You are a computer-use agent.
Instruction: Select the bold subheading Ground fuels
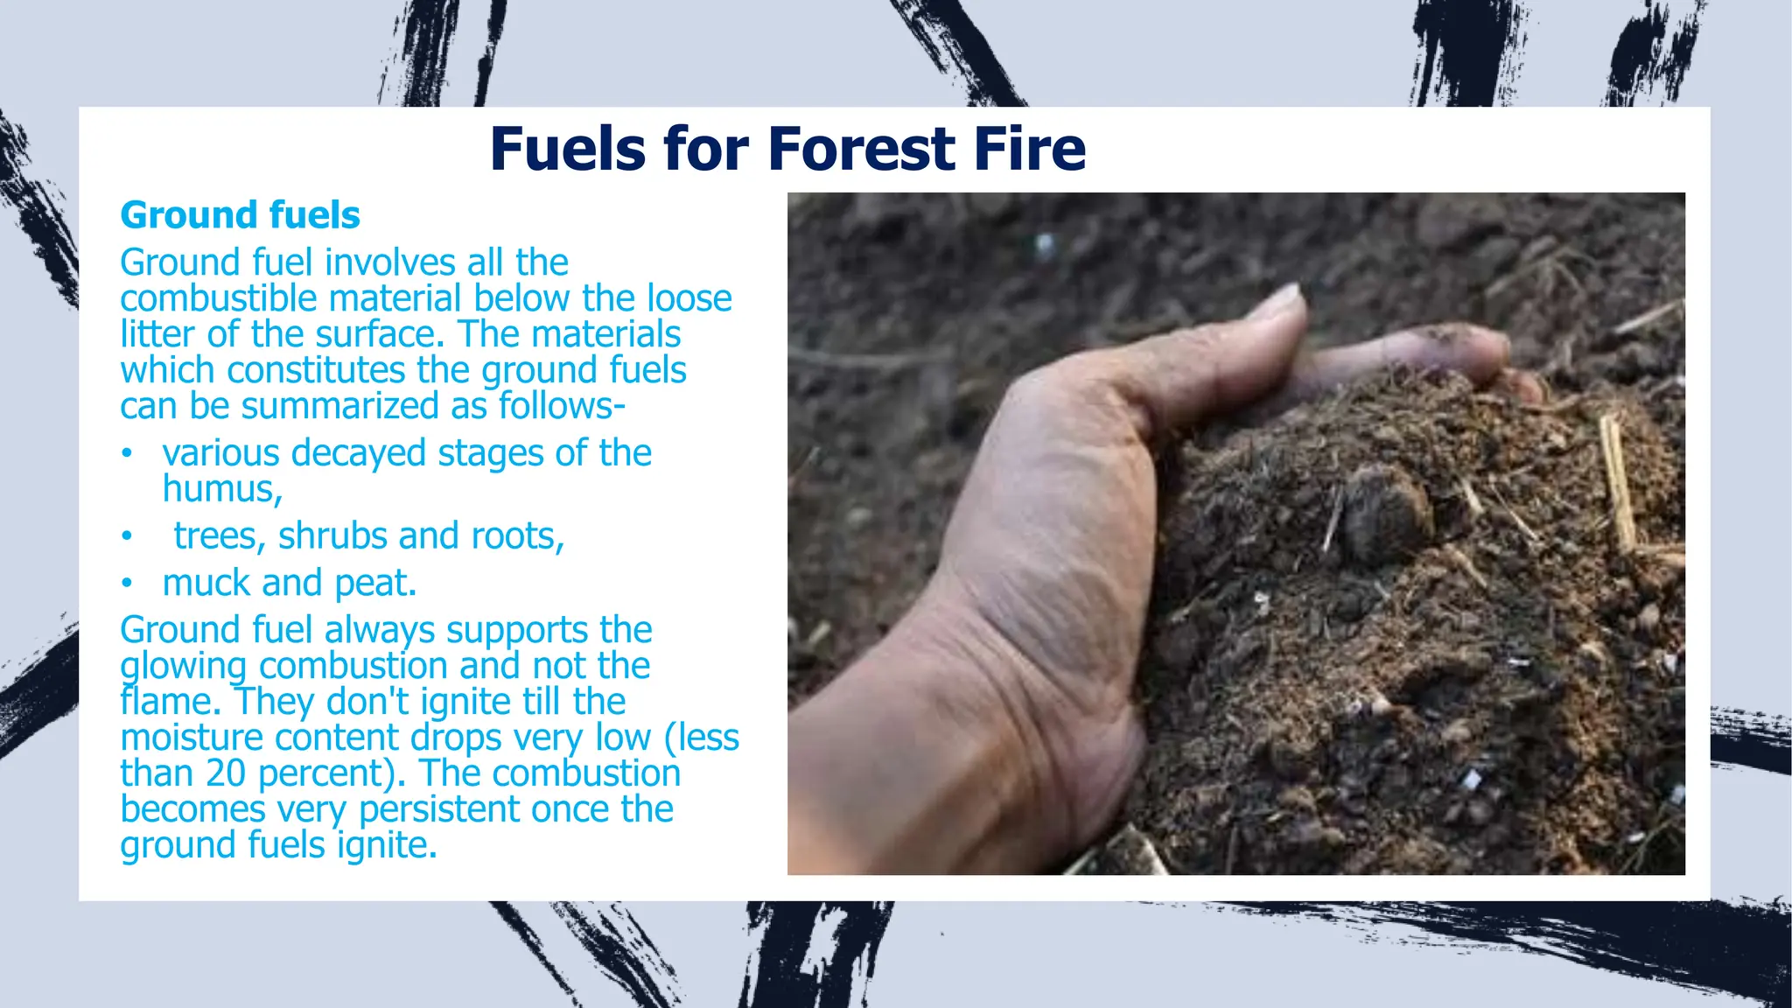(x=240, y=215)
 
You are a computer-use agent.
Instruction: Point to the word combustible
(x=219, y=299)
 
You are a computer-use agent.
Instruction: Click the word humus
(x=221, y=489)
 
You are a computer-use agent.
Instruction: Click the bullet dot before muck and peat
(x=127, y=583)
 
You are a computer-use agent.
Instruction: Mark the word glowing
(x=184, y=667)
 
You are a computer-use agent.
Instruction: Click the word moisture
(x=192, y=738)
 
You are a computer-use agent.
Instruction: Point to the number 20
(x=227, y=773)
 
